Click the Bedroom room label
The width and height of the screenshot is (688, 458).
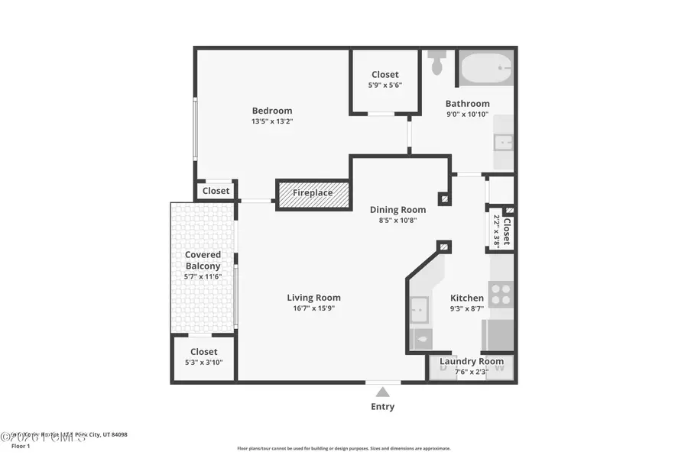[x=271, y=111]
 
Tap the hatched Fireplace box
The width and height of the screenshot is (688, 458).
[x=313, y=193]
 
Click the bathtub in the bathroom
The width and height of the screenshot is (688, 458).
[x=486, y=69]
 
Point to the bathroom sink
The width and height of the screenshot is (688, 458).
[x=504, y=141]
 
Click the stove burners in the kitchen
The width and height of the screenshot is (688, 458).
[x=501, y=294]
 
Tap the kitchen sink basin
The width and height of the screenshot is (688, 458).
[x=420, y=308]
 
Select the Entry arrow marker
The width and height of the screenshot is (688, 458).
[x=382, y=392]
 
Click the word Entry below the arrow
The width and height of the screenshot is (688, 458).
[x=382, y=407]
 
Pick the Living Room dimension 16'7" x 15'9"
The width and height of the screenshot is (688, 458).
[x=313, y=308]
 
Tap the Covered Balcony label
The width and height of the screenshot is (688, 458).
[x=203, y=260]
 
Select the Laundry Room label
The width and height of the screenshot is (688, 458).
[x=472, y=361]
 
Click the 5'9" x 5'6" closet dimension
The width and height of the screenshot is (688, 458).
[x=385, y=85]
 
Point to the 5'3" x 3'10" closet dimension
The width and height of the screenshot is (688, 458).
[x=203, y=363]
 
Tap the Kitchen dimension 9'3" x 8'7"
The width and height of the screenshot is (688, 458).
[x=466, y=309]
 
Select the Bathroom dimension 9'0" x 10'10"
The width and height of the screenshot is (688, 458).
[x=468, y=114]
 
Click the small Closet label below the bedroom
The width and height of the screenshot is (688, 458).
[x=216, y=191]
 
